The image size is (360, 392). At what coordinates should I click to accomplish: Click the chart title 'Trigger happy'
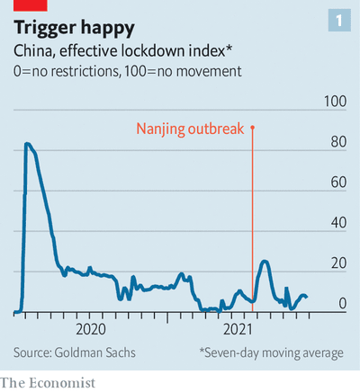coord(74,28)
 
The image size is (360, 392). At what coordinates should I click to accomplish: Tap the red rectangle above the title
coord(31,5)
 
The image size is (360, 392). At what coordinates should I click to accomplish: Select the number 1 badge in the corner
coord(339,20)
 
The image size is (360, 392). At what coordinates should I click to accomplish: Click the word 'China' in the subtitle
coord(32,50)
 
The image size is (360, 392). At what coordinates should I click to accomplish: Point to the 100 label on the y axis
coord(335,102)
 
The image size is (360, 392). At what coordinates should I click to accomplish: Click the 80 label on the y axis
coord(338,142)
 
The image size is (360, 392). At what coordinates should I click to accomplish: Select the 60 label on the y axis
coord(338,183)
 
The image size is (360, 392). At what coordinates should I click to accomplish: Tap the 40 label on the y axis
coord(338,223)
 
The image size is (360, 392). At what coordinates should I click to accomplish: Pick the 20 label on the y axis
coord(338,263)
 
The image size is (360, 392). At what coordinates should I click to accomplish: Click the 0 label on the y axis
coord(343,303)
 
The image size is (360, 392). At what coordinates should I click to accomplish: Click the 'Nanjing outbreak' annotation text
coord(190,129)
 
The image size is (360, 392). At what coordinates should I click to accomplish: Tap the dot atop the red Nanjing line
coord(252,128)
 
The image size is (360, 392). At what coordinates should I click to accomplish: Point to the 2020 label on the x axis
coord(91,329)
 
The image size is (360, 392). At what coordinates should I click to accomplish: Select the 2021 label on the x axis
coord(238,329)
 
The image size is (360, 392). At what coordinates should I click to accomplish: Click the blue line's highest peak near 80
coord(27,144)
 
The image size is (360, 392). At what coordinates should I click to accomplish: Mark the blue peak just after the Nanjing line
coord(265,262)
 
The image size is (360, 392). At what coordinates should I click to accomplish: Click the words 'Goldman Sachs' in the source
coord(94,352)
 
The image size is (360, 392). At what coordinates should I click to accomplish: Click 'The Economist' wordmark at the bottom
coord(48,383)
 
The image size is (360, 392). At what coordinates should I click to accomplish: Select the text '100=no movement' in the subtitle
coord(183,71)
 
